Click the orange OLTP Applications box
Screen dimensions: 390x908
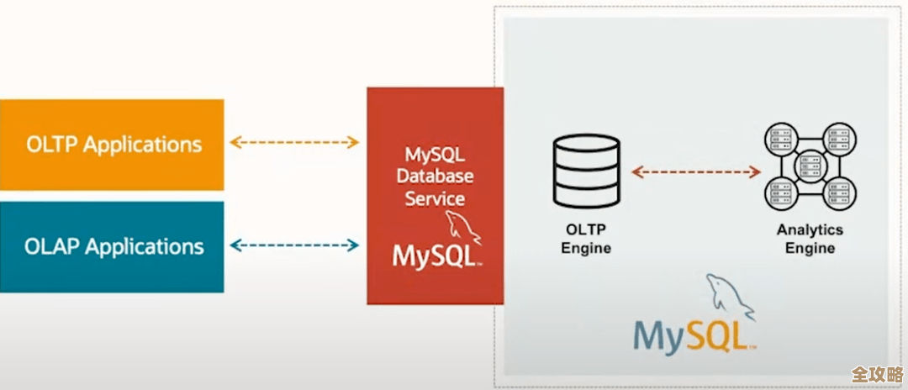(112, 145)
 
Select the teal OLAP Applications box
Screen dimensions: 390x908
(112, 246)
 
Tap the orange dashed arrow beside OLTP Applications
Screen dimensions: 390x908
(294, 142)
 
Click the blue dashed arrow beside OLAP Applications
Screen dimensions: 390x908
(294, 246)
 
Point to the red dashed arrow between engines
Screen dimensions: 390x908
(695, 171)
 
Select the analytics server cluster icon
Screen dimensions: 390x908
(810, 166)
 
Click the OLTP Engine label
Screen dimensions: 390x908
(586, 239)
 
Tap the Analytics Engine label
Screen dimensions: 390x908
(810, 239)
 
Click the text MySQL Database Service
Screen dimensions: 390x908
(435, 177)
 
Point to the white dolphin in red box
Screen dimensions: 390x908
(463, 226)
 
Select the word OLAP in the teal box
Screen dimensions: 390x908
(52, 246)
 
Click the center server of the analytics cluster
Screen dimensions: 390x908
(810, 166)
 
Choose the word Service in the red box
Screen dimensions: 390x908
(435, 199)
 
